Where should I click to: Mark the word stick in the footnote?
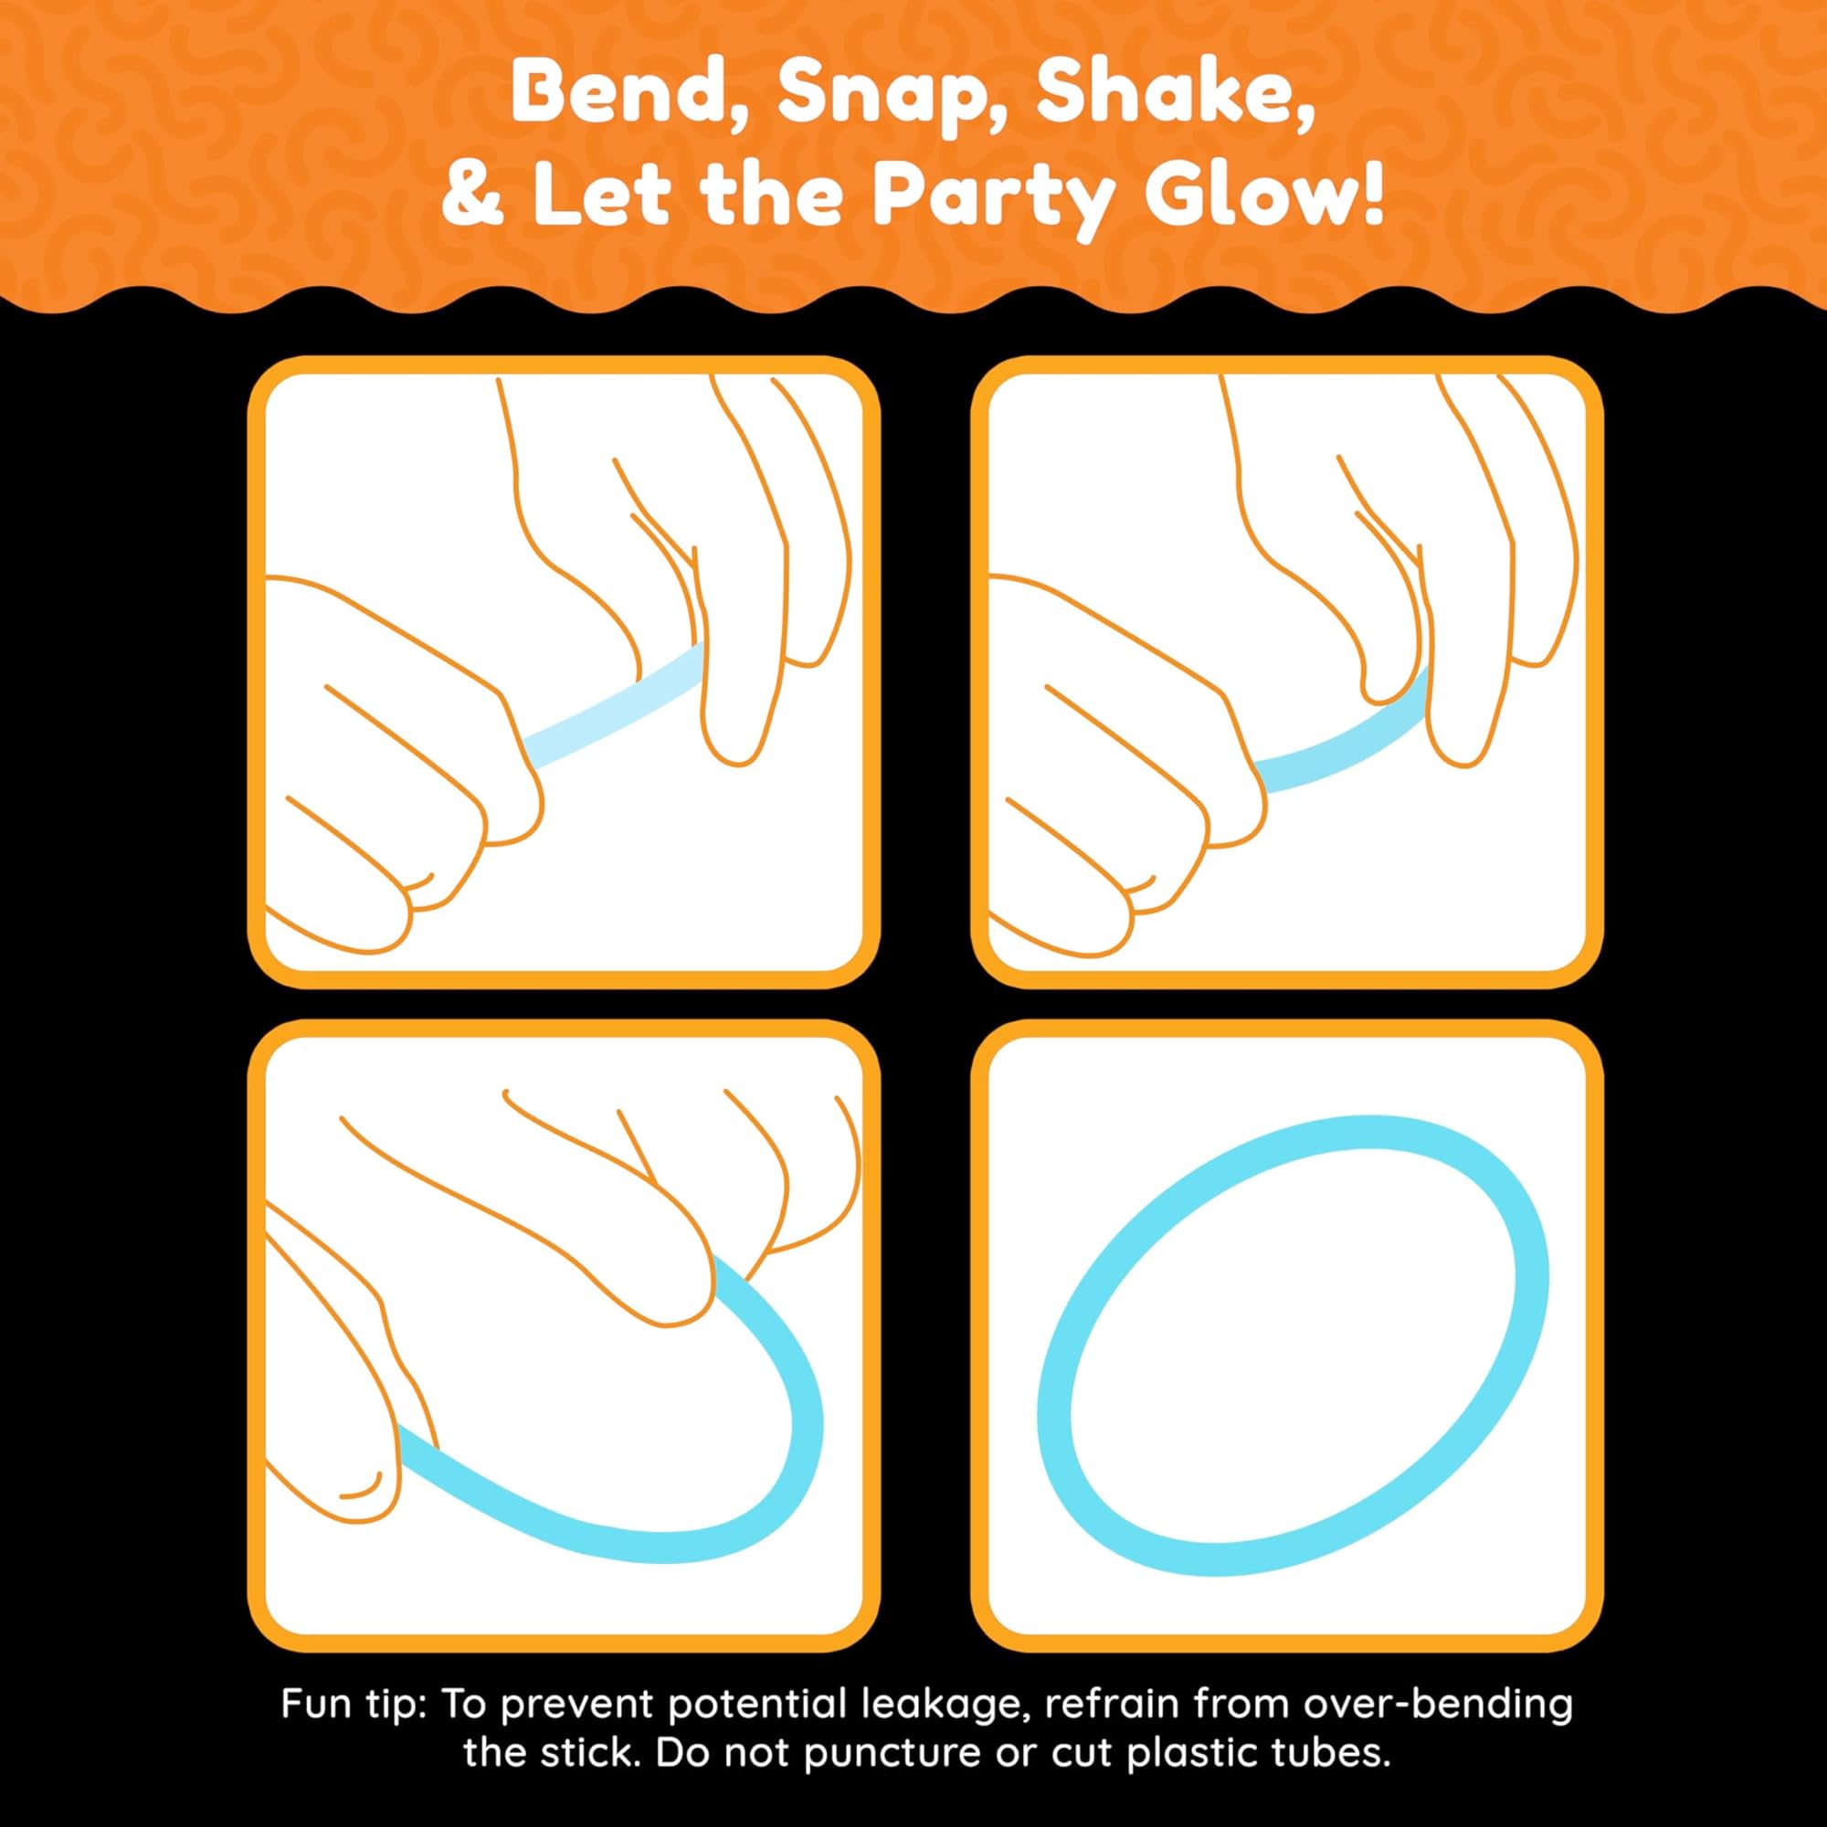[586, 1727]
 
